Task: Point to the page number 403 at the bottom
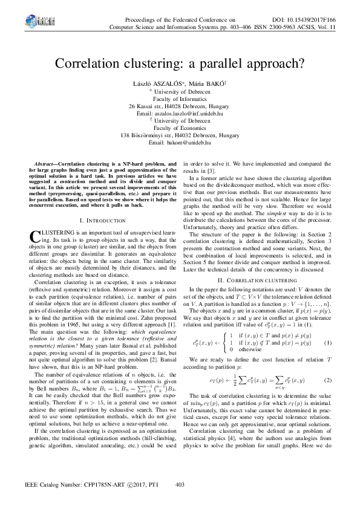(180, 485)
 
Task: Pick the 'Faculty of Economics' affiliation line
(180, 128)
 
